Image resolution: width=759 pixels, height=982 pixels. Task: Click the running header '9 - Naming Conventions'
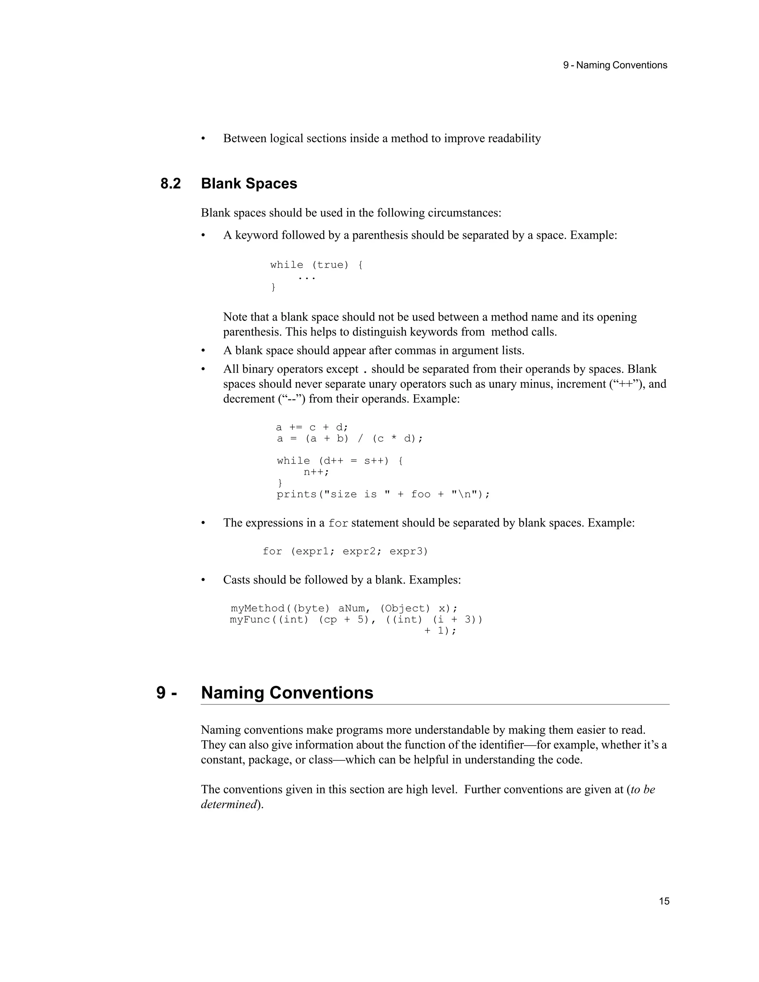point(615,65)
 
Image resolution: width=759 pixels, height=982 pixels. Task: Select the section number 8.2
point(170,183)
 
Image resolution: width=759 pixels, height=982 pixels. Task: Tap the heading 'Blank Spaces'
point(249,183)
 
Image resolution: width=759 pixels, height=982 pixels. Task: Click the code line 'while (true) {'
point(316,265)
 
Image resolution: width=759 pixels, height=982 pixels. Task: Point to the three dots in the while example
point(306,278)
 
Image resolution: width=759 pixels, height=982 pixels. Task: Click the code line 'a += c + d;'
point(312,427)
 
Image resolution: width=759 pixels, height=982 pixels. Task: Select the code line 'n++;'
point(316,472)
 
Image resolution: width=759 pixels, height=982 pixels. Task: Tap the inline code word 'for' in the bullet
point(338,523)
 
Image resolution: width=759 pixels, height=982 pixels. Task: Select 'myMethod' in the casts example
point(257,608)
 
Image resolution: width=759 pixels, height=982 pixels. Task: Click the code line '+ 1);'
point(440,631)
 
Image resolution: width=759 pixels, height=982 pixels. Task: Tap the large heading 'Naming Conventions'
point(287,693)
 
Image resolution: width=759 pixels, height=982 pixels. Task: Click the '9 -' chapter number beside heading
point(166,693)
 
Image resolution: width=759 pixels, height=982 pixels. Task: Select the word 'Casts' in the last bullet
point(236,580)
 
